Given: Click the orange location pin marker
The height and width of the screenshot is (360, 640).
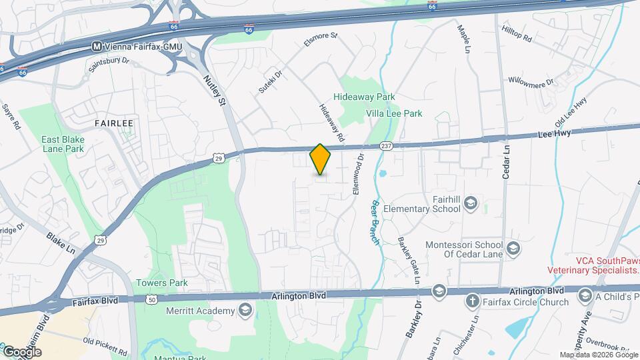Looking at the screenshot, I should point(320,159).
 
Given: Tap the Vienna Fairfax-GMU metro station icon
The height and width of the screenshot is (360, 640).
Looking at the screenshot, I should point(97,47).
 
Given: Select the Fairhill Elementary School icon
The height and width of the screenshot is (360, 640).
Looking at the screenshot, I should point(471,203).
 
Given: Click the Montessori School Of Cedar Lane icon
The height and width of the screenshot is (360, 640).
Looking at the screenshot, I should point(513,249).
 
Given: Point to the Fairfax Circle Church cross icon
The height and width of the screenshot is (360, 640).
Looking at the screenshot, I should point(473,301).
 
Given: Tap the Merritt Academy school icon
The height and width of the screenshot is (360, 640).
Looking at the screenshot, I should point(245,311).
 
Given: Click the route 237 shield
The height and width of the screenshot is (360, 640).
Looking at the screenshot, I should point(386,145).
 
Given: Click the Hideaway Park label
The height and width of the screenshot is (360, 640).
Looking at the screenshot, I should point(364,97).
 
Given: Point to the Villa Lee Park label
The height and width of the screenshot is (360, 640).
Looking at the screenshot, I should point(394,114).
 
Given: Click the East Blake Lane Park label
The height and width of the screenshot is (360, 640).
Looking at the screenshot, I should point(62,144).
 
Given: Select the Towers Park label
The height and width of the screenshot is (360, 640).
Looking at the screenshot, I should point(162,283).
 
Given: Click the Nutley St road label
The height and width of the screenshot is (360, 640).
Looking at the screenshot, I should point(215,91).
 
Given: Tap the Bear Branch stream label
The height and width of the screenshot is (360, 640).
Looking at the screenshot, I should point(373,221).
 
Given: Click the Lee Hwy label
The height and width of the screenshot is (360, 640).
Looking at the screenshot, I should point(553,135).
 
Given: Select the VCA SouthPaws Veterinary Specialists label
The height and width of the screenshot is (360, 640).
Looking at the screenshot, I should point(593,265).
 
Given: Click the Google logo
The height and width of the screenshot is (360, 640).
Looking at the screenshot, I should point(21,351).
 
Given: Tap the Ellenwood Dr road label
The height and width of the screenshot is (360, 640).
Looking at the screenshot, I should point(359,175).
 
